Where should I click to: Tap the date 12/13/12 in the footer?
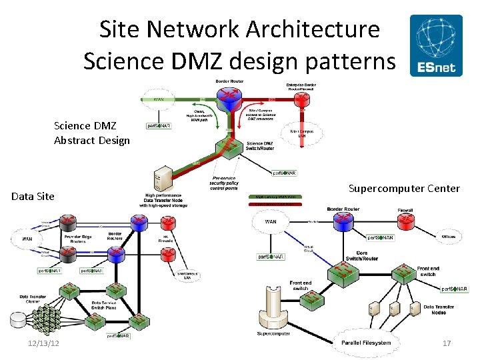44,343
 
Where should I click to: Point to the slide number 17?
447,343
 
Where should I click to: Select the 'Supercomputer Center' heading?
404,189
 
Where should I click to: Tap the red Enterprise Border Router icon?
303,99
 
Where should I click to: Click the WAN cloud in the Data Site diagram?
27,238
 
